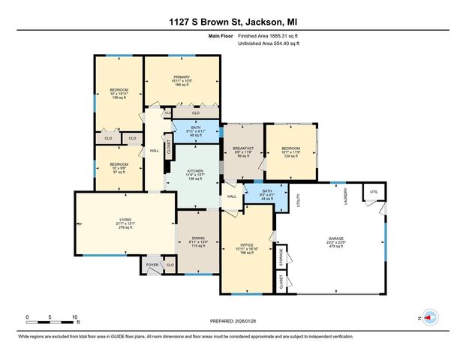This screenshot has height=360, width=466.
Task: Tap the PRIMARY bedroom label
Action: tap(182, 76)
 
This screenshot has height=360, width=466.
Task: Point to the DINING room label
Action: tap(197, 238)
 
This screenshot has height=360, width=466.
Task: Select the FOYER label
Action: tap(152, 265)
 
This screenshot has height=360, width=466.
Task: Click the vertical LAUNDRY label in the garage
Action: tap(346, 196)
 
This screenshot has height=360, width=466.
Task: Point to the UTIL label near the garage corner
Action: tap(373, 192)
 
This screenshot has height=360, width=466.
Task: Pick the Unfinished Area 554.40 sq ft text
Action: tap(269, 44)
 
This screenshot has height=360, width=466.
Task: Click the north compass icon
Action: tap(429, 317)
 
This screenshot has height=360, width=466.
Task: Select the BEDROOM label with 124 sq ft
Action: tap(290, 148)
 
